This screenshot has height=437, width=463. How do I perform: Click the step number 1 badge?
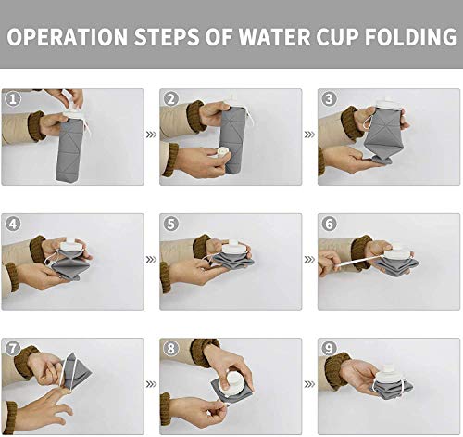click(11, 98)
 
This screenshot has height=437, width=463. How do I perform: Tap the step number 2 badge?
click(169, 98)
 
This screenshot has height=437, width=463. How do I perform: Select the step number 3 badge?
click(328, 98)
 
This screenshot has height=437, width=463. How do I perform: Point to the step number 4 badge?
click(11, 224)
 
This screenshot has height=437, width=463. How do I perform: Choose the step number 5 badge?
click(169, 224)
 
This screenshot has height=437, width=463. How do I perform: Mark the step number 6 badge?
click(328, 224)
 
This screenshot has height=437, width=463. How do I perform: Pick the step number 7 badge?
click(11, 348)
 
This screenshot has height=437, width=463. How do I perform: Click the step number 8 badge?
click(169, 348)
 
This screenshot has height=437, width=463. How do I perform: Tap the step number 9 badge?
click(328, 348)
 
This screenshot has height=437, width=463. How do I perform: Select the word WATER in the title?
click(271, 38)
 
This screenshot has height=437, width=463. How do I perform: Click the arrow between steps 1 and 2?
click(152, 135)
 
